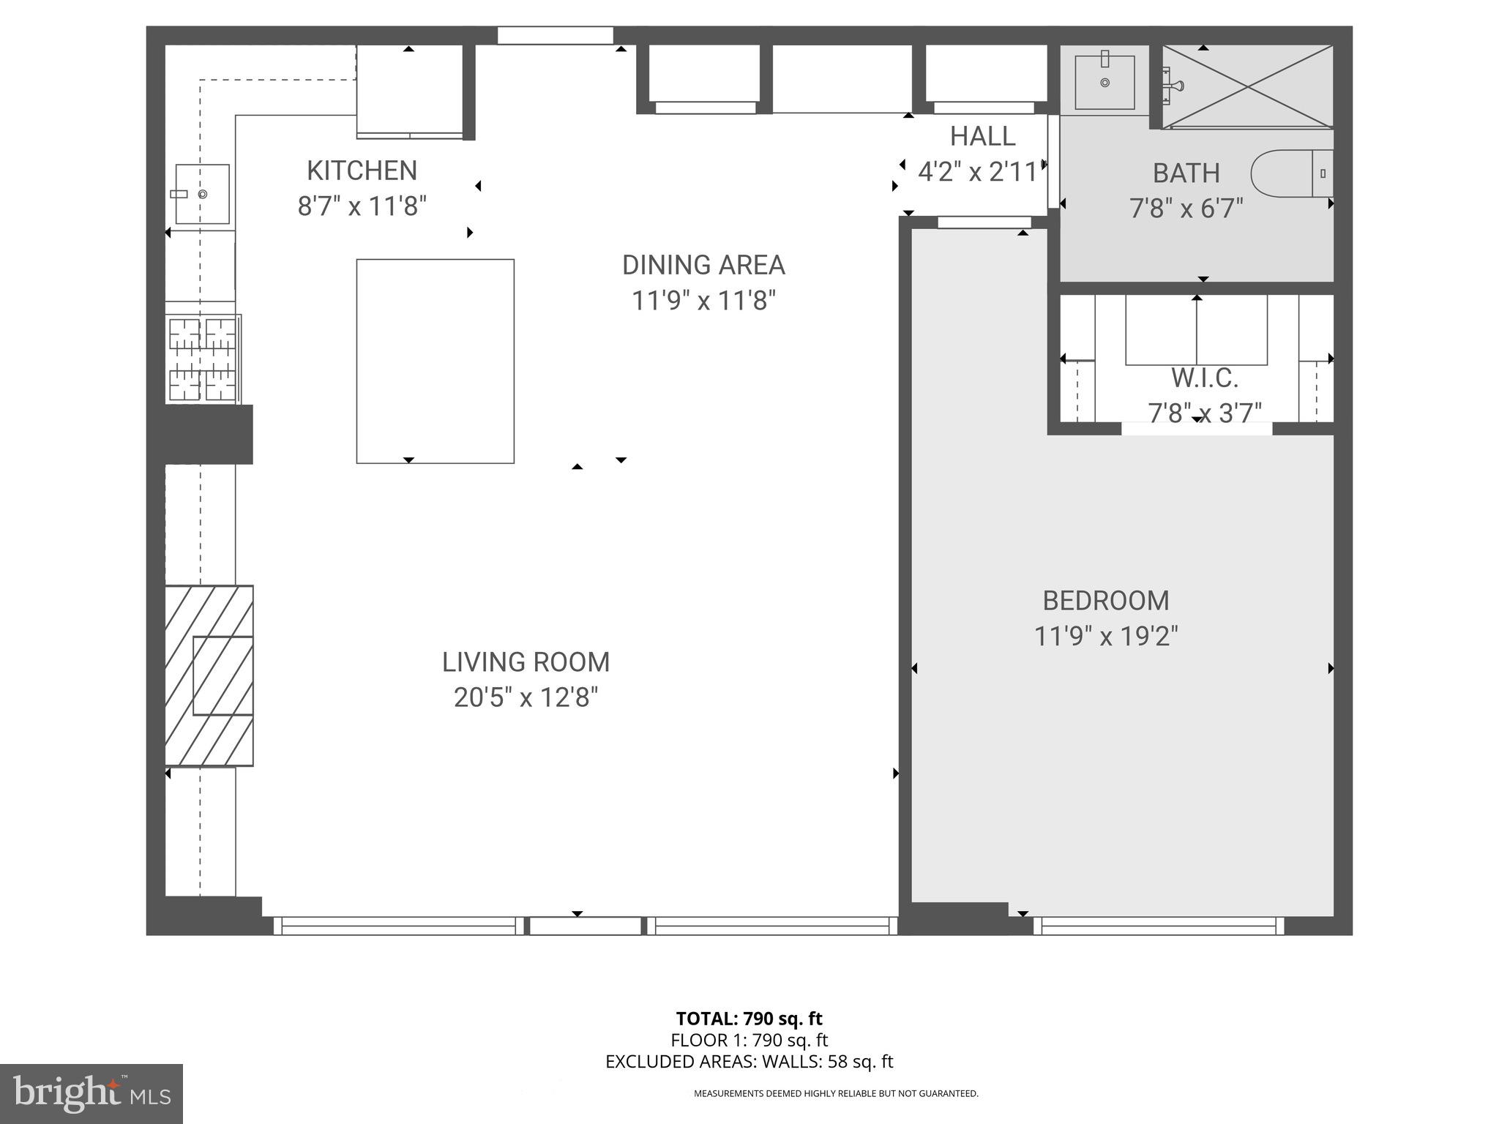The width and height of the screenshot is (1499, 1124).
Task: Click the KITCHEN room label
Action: [x=362, y=171]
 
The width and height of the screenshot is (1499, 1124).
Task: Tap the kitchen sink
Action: [x=202, y=194]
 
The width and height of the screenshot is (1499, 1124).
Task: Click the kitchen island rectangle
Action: [x=435, y=361]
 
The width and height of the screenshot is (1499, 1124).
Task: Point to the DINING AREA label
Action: [x=703, y=265]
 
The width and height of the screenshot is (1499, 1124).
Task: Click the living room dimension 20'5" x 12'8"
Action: [x=526, y=697]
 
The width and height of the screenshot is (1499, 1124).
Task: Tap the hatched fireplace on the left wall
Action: [x=209, y=675]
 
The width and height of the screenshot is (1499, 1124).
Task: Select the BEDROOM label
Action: [x=1105, y=601]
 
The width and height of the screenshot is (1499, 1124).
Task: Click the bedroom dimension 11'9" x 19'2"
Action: [x=1105, y=637]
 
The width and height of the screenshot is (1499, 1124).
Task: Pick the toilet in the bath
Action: [x=1291, y=173]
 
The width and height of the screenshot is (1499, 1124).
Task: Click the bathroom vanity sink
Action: [x=1104, y=83]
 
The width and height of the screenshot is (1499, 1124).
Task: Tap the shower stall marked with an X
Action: [x=1248, y=86]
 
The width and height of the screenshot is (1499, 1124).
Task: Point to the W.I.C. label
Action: [x=1204, y=378]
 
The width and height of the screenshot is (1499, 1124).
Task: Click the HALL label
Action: [x=982, y=137]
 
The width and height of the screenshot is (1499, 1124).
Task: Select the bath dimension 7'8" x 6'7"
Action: [x=1186, y=209]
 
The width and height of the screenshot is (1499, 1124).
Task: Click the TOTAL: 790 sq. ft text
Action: [x=749, y=1019]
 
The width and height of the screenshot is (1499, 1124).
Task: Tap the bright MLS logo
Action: [x=91, y=1093]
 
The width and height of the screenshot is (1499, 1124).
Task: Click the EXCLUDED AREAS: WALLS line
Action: [x=749, y=1062]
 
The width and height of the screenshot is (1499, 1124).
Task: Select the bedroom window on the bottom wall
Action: [x=1159, y=926]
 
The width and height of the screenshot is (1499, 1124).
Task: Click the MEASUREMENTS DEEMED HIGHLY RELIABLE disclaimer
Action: [x=836, y=1093]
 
